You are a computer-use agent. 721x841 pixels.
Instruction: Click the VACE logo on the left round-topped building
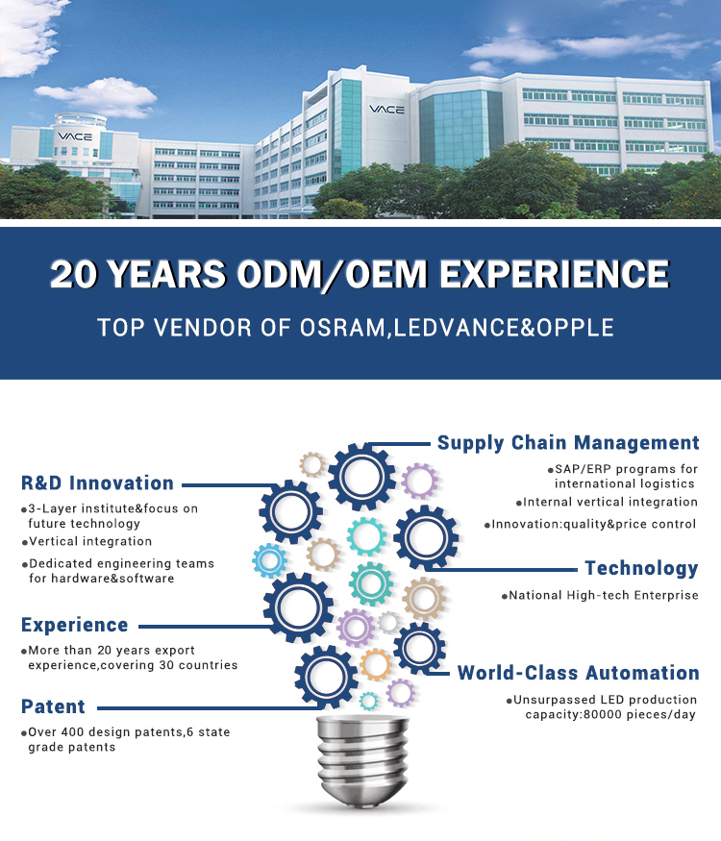[75, 136]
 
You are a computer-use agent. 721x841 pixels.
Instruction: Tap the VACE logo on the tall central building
[386, 110]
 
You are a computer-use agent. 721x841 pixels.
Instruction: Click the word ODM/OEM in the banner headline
[332, 274]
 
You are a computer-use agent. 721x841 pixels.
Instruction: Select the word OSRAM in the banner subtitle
[342, 328]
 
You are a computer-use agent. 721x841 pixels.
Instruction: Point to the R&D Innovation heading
[97, 482]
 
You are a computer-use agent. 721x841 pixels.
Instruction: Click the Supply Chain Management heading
[568, 443]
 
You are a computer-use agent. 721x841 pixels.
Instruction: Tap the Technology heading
[641, 569]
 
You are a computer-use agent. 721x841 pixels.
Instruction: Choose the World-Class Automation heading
[579, 673]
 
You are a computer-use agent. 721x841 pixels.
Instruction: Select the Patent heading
[53, 706]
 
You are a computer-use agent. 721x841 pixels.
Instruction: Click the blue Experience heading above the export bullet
[75, 626]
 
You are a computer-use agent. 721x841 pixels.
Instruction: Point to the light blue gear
[270, 560]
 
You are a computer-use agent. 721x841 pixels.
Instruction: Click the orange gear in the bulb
[376, 664]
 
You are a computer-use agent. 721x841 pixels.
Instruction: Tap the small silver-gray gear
[388, 623]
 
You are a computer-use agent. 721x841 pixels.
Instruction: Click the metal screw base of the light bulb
[362, 760]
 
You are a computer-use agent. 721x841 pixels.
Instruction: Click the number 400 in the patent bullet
[72, 732]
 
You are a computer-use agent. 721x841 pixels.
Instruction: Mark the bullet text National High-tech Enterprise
[604, 595]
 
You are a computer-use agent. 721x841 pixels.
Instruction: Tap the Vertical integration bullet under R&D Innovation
[90, 542]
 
